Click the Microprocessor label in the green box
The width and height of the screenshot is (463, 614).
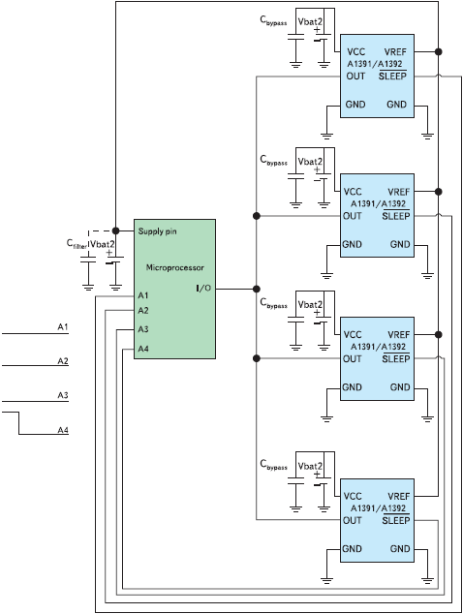coord(174,267)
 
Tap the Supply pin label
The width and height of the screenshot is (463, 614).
coord(158,231)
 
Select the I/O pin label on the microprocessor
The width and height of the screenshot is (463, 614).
coord(203,289)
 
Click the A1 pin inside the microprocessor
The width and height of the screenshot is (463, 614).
coord(143,295)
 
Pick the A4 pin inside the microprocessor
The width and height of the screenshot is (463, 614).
coord(143,349)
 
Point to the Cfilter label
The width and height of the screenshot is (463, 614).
coord(77,244)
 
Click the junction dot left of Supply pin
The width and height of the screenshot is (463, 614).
coord(115,230)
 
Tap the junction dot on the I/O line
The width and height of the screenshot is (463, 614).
coord(256,289)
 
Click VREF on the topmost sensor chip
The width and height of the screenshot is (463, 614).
coord(395,51)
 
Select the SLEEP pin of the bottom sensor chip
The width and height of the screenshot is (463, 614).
coord(395,520)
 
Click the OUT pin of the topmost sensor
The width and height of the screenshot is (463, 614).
coord(355,76)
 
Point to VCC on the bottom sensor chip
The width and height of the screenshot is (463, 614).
coord(353,496)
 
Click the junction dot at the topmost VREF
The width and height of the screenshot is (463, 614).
coord(439,51)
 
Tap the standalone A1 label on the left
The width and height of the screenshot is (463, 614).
coord(63,326)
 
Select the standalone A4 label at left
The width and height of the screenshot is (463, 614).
coord(63,430)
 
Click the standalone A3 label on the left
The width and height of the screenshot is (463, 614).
coord(63,395)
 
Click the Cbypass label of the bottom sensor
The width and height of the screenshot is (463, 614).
coord(273,465)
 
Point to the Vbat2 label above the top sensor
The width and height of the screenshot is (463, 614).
coord(310,21)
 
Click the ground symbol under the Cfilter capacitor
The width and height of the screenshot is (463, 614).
coord(88,288)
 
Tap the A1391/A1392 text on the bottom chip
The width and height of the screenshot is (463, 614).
coord(378,507)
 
